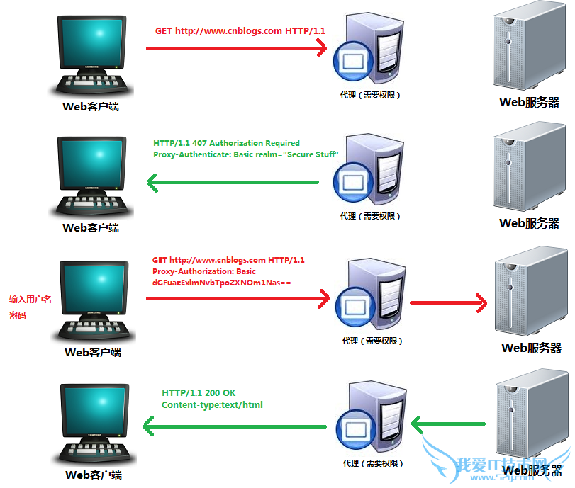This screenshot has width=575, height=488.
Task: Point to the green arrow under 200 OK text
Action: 234,426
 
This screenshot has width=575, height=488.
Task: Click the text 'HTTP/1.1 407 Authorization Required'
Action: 226,143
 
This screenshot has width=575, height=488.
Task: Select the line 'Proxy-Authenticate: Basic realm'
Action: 245,154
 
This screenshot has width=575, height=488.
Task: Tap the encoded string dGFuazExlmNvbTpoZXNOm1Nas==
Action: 222,283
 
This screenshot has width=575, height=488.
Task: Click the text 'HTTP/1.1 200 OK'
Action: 199,392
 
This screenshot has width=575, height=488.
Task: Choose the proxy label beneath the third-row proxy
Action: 372,341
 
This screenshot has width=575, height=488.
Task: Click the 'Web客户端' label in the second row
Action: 91,228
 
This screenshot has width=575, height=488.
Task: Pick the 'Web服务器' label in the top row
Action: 529,102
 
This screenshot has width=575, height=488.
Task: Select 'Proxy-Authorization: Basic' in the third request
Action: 203,271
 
